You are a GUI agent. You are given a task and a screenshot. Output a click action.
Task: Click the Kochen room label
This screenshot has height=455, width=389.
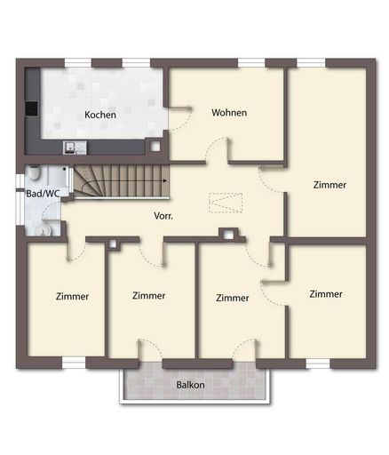100,115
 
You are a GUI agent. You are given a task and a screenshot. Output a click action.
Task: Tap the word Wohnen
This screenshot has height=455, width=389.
229,113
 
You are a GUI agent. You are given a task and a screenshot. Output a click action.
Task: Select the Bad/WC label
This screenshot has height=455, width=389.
43,194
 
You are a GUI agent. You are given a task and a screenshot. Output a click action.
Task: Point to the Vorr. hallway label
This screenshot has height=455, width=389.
163,216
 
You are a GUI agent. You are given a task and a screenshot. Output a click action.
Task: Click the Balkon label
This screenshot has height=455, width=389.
190,385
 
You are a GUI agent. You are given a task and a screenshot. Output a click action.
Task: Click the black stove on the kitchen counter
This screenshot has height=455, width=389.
31,108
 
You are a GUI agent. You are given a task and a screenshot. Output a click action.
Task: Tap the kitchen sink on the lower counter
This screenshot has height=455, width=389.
75,148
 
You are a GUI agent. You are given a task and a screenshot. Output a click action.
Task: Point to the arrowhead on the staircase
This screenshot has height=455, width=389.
165,180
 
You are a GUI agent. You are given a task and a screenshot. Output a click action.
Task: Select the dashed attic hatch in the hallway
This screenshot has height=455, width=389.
226,203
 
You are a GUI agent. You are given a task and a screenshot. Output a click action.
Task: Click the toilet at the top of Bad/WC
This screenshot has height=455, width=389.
34,172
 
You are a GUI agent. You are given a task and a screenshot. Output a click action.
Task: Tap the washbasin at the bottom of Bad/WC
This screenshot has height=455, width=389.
44,229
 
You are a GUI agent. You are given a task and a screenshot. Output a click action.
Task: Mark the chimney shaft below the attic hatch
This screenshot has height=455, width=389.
228,235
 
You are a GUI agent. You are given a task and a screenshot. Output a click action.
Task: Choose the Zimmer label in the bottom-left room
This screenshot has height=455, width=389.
72,296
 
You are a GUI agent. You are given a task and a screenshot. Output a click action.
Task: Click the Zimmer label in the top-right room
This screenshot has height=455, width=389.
329,185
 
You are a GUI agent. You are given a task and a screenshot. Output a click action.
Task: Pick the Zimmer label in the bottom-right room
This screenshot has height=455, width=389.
326,294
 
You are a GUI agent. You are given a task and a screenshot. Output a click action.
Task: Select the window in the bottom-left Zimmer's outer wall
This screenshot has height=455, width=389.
74,363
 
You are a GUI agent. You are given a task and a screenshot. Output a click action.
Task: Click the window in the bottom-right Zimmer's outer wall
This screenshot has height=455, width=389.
318,363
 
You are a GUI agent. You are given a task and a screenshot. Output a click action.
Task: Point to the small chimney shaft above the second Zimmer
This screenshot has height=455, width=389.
113,243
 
